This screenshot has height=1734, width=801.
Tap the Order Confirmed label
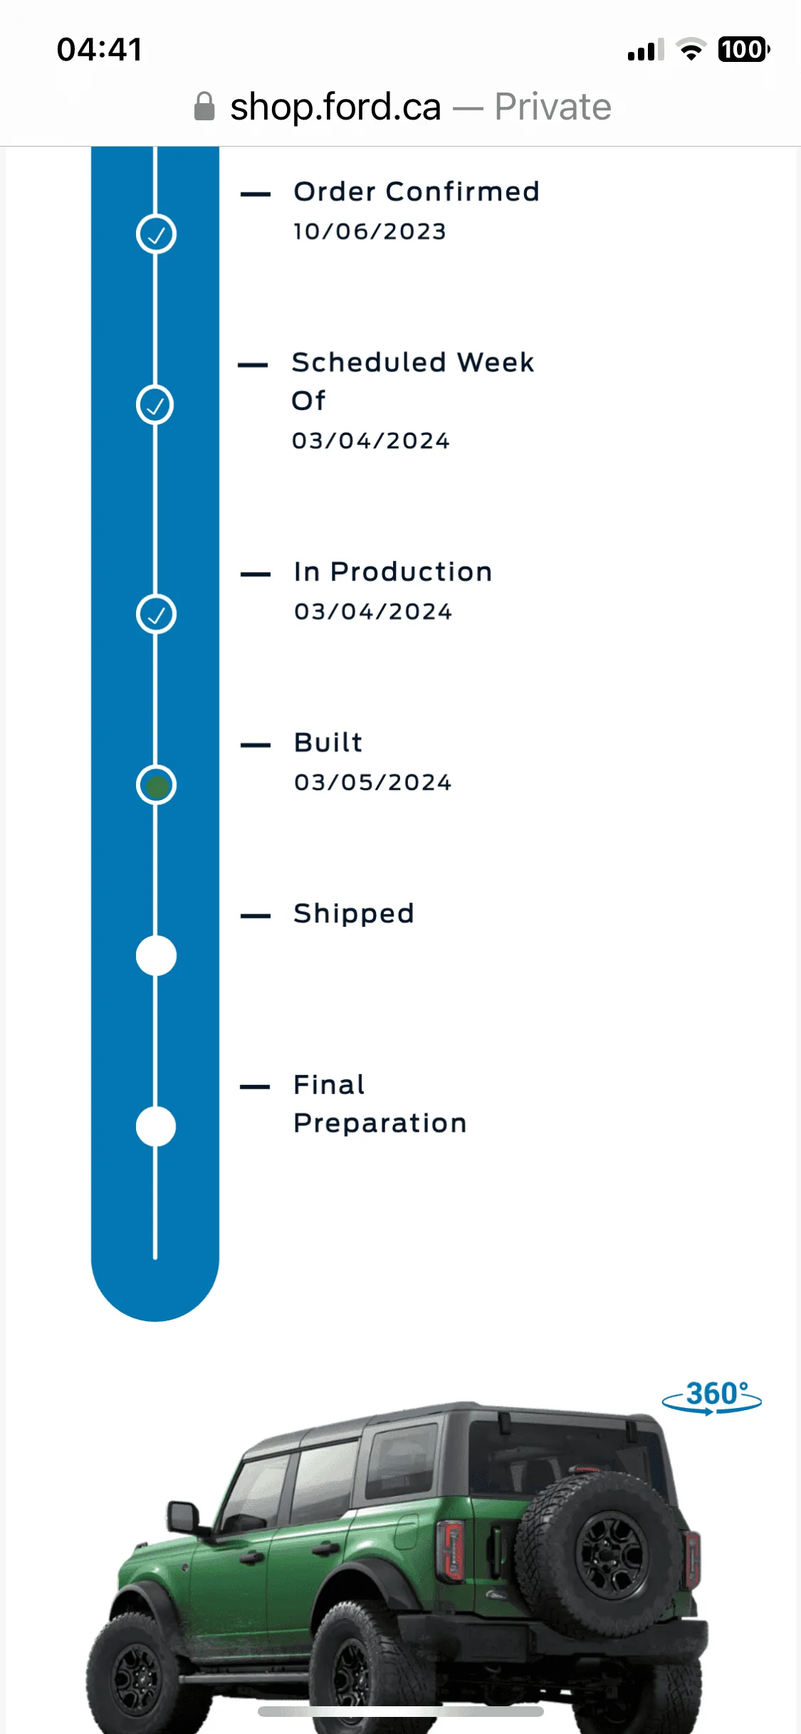[417, 191]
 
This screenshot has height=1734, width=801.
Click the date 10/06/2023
[370, 231]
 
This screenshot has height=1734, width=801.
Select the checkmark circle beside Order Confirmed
[156, 233]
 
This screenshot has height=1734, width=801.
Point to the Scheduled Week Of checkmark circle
[155, 405]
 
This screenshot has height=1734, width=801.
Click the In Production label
[393, 572]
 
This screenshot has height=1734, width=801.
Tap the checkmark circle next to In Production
[156, 614]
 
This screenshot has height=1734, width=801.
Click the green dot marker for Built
[156, 785]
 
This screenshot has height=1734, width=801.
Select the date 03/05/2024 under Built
[372, 782]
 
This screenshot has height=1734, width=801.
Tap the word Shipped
[354, 913]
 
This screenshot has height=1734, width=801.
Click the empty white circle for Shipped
[156, 956]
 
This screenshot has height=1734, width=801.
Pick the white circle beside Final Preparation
[156, 1127]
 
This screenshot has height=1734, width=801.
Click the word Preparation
[380, 1123]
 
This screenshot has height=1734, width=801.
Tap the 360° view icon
[712, 1397]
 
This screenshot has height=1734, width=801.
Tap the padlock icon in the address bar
[204, 106]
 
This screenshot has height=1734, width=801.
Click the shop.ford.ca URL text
[335, 107]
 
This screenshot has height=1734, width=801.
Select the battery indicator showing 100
[744, 49]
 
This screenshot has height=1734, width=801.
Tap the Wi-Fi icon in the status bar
[691, 49]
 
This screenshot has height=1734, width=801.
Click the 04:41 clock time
[100, 50]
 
